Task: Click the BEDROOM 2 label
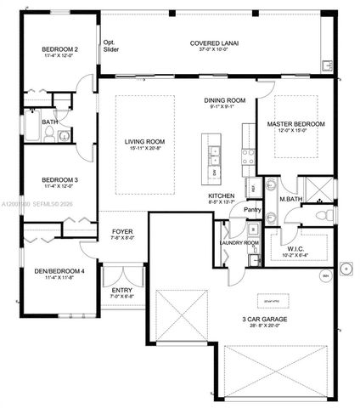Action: click(60, 50)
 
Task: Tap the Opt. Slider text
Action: click(110, 46)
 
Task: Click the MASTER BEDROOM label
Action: click(295, 124)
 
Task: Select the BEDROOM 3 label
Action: click(60, 180)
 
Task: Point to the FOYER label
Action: click(123, 231)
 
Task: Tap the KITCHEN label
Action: click(222, 195)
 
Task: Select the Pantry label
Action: click(252, 209)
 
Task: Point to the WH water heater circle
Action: click(324, 276)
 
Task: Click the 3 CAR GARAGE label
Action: click(267, 318)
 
